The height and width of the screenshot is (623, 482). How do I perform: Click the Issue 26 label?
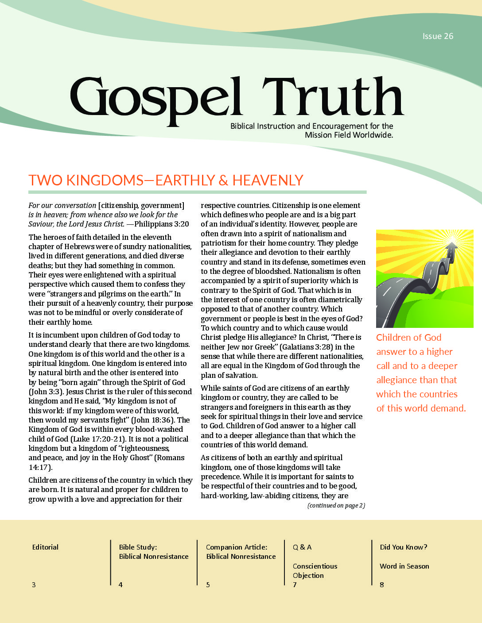click(x=438, y=36)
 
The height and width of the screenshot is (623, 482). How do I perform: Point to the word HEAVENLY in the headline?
click(x=268, y=181)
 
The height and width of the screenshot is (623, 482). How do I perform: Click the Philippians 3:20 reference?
click(x=162, y=224)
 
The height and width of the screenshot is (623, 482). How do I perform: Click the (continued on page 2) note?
click(x=336, y=506)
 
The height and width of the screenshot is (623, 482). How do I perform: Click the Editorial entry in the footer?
click(x=45, y=547)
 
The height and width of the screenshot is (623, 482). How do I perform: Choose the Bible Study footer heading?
click(x=138, y=547)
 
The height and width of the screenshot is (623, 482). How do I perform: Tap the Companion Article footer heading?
click(x=237, y=547)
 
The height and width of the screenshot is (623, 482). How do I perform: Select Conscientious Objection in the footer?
click(x=315, y=571)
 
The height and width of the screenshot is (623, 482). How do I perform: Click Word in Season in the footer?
click(x=404, y=566)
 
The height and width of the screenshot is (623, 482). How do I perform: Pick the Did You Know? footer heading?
click(x=403, y=547)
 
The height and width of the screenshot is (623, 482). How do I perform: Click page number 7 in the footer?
click(x=295, y=585)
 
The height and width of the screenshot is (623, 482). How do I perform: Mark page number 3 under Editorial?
click(x=34, y=585)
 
